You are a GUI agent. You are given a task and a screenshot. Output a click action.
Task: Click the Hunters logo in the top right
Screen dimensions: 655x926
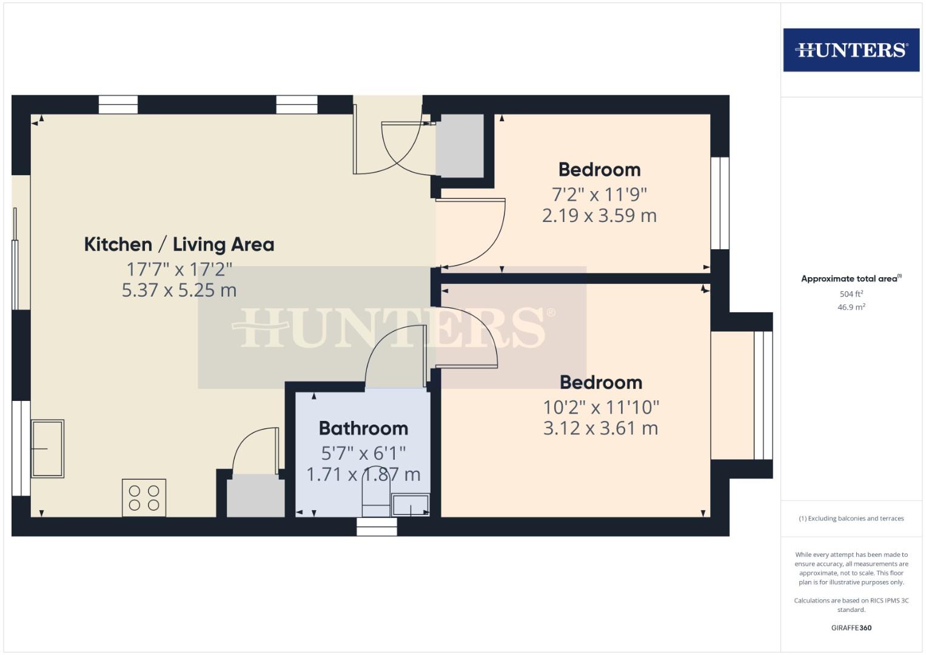pos(851,50)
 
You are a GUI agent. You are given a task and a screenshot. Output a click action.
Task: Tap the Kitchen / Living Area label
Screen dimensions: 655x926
pos(179,244)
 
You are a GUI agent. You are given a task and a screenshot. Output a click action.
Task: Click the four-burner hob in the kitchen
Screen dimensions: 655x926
pos(144,498)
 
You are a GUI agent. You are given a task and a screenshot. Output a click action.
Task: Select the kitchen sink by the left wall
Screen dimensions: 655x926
pos(47,448)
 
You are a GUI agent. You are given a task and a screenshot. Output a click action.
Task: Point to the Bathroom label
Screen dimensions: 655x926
pos(363,428)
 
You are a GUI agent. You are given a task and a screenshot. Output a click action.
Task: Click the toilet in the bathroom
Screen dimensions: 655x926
pos(376,497)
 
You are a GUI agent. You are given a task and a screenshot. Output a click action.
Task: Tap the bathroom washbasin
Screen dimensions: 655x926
pos(411,505)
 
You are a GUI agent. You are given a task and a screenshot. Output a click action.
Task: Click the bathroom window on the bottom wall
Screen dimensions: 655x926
pos(377,526)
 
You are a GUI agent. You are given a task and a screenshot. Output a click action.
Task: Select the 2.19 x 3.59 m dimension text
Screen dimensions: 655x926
pos(599,215)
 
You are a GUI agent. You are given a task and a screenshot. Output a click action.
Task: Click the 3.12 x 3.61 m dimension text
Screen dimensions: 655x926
pos(600,428)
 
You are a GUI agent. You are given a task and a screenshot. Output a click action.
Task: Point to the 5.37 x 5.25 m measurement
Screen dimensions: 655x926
pos(179,290)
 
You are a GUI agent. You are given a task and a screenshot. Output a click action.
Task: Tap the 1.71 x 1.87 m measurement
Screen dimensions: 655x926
pos(363,474)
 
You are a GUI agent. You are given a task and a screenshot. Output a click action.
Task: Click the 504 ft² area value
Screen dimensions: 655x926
pos(851,294)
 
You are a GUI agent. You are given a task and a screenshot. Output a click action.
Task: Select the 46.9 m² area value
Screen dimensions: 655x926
pos(851,307)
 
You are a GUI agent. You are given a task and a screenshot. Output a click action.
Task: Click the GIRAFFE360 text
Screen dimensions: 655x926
pos(851,628)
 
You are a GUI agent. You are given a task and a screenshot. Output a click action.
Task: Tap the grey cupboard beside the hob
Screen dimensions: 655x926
pos(255,496)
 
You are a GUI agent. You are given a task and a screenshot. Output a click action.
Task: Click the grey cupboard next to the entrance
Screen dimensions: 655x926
pos(460,146)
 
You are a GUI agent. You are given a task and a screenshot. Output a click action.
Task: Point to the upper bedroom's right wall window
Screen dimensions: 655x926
pos(720,203)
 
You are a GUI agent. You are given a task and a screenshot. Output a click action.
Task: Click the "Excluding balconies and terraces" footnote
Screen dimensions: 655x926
pos(851,519)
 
